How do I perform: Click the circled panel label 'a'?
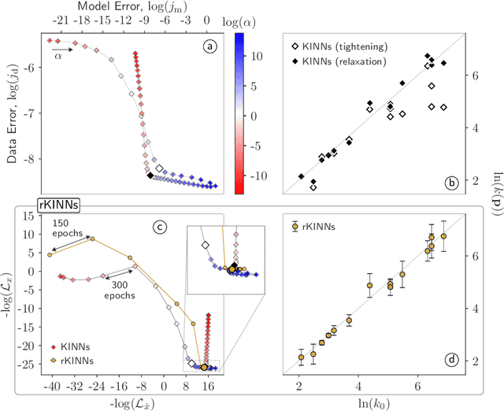pos(209,46)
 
